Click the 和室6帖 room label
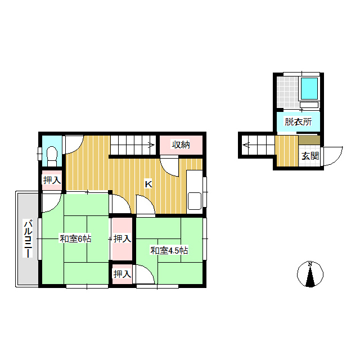[75, 238]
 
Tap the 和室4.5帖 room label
[169, 250]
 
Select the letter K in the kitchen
[148, 184]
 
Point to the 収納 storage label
[181, 145]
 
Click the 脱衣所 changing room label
[298, 121]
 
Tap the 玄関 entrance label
[310, 156]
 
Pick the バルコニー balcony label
[28, 238]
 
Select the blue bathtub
[309, 88]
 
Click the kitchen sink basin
[195, 201]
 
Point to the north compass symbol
[310, 274]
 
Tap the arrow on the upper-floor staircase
[151, 145]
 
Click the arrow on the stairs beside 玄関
[246, 145]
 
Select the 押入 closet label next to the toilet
[52, 180]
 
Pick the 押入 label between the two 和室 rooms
[122, 238]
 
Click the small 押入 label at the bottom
[122, 274]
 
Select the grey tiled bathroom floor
[287, 92]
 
